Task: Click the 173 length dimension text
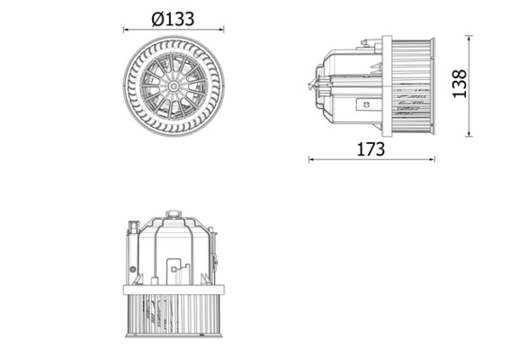point(370,148)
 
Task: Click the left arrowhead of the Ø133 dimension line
point(126,29)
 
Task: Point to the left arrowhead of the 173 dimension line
point(311,160)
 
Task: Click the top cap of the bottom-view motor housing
point(174,215)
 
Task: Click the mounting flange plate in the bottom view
point(174,289)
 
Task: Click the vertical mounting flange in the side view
point(387,85)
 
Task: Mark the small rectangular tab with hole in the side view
point(364,103)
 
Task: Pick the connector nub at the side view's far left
point(312,85)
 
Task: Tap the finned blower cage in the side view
point(414,85)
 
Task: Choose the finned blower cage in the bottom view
point(174,315)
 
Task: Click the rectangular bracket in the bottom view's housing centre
point(176,268)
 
